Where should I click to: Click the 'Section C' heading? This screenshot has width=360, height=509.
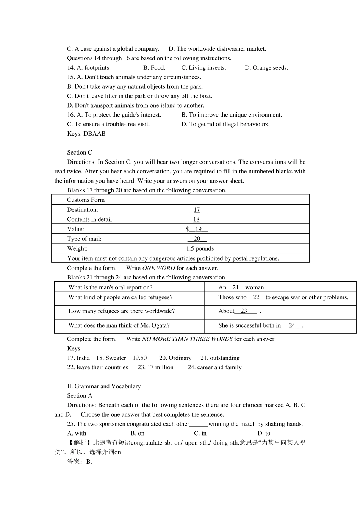click(x=80, y=153)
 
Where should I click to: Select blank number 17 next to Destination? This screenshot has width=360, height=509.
click(x=197, y=210)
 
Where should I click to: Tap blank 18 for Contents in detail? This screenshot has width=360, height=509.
click(x=196, y=220)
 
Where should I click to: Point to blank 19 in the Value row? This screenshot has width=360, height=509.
click(x=198, y=230)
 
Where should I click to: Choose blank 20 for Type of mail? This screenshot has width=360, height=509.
click(x=197, y=239)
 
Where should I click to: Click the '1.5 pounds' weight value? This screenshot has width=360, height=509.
click(x=200, y=249)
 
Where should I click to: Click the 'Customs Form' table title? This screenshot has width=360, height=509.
click(x=86, y=200)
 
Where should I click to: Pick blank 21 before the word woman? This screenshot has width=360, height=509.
click(x=236, y=287)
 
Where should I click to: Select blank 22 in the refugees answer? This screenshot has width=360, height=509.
click(x=256, y=297)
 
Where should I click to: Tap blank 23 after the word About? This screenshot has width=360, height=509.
click(x=244, y=311)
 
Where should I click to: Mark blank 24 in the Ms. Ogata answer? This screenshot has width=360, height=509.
click(x=292, y=325)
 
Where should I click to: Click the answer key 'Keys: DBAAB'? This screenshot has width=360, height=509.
click(x=86, y=134)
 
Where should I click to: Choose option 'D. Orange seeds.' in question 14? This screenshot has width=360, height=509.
click(x=266, y=68)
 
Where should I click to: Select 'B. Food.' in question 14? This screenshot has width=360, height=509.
click(x=154, y=68)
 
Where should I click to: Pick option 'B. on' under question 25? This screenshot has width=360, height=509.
click(x=138, y=433)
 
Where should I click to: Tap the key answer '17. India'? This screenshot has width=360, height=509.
click(x=78, y=358)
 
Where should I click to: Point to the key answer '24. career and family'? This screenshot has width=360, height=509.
click(x=214, y=367)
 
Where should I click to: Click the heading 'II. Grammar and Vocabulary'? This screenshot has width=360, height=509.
click(x=104, y=386)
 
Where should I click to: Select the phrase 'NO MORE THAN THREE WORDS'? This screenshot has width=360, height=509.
click(x=187, y=339)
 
